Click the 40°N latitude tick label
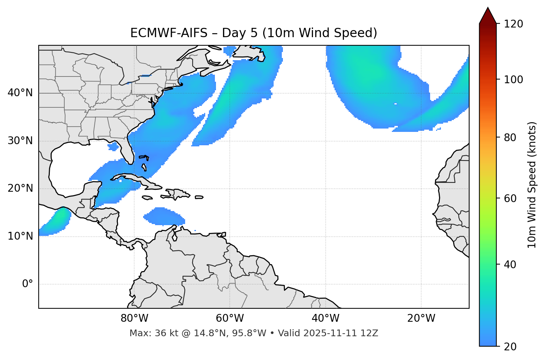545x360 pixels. pos(20,93)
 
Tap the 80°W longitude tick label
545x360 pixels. pos(134,318)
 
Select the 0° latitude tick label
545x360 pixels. pos(28,284)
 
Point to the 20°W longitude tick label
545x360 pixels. pos(421,318)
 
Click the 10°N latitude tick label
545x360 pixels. pos(20,236)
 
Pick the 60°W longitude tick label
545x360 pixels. pos(230,318)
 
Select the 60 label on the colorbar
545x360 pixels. pos(511,198)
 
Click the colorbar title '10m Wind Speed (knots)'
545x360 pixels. pos(532,185)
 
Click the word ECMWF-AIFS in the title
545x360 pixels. pos(168,33)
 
